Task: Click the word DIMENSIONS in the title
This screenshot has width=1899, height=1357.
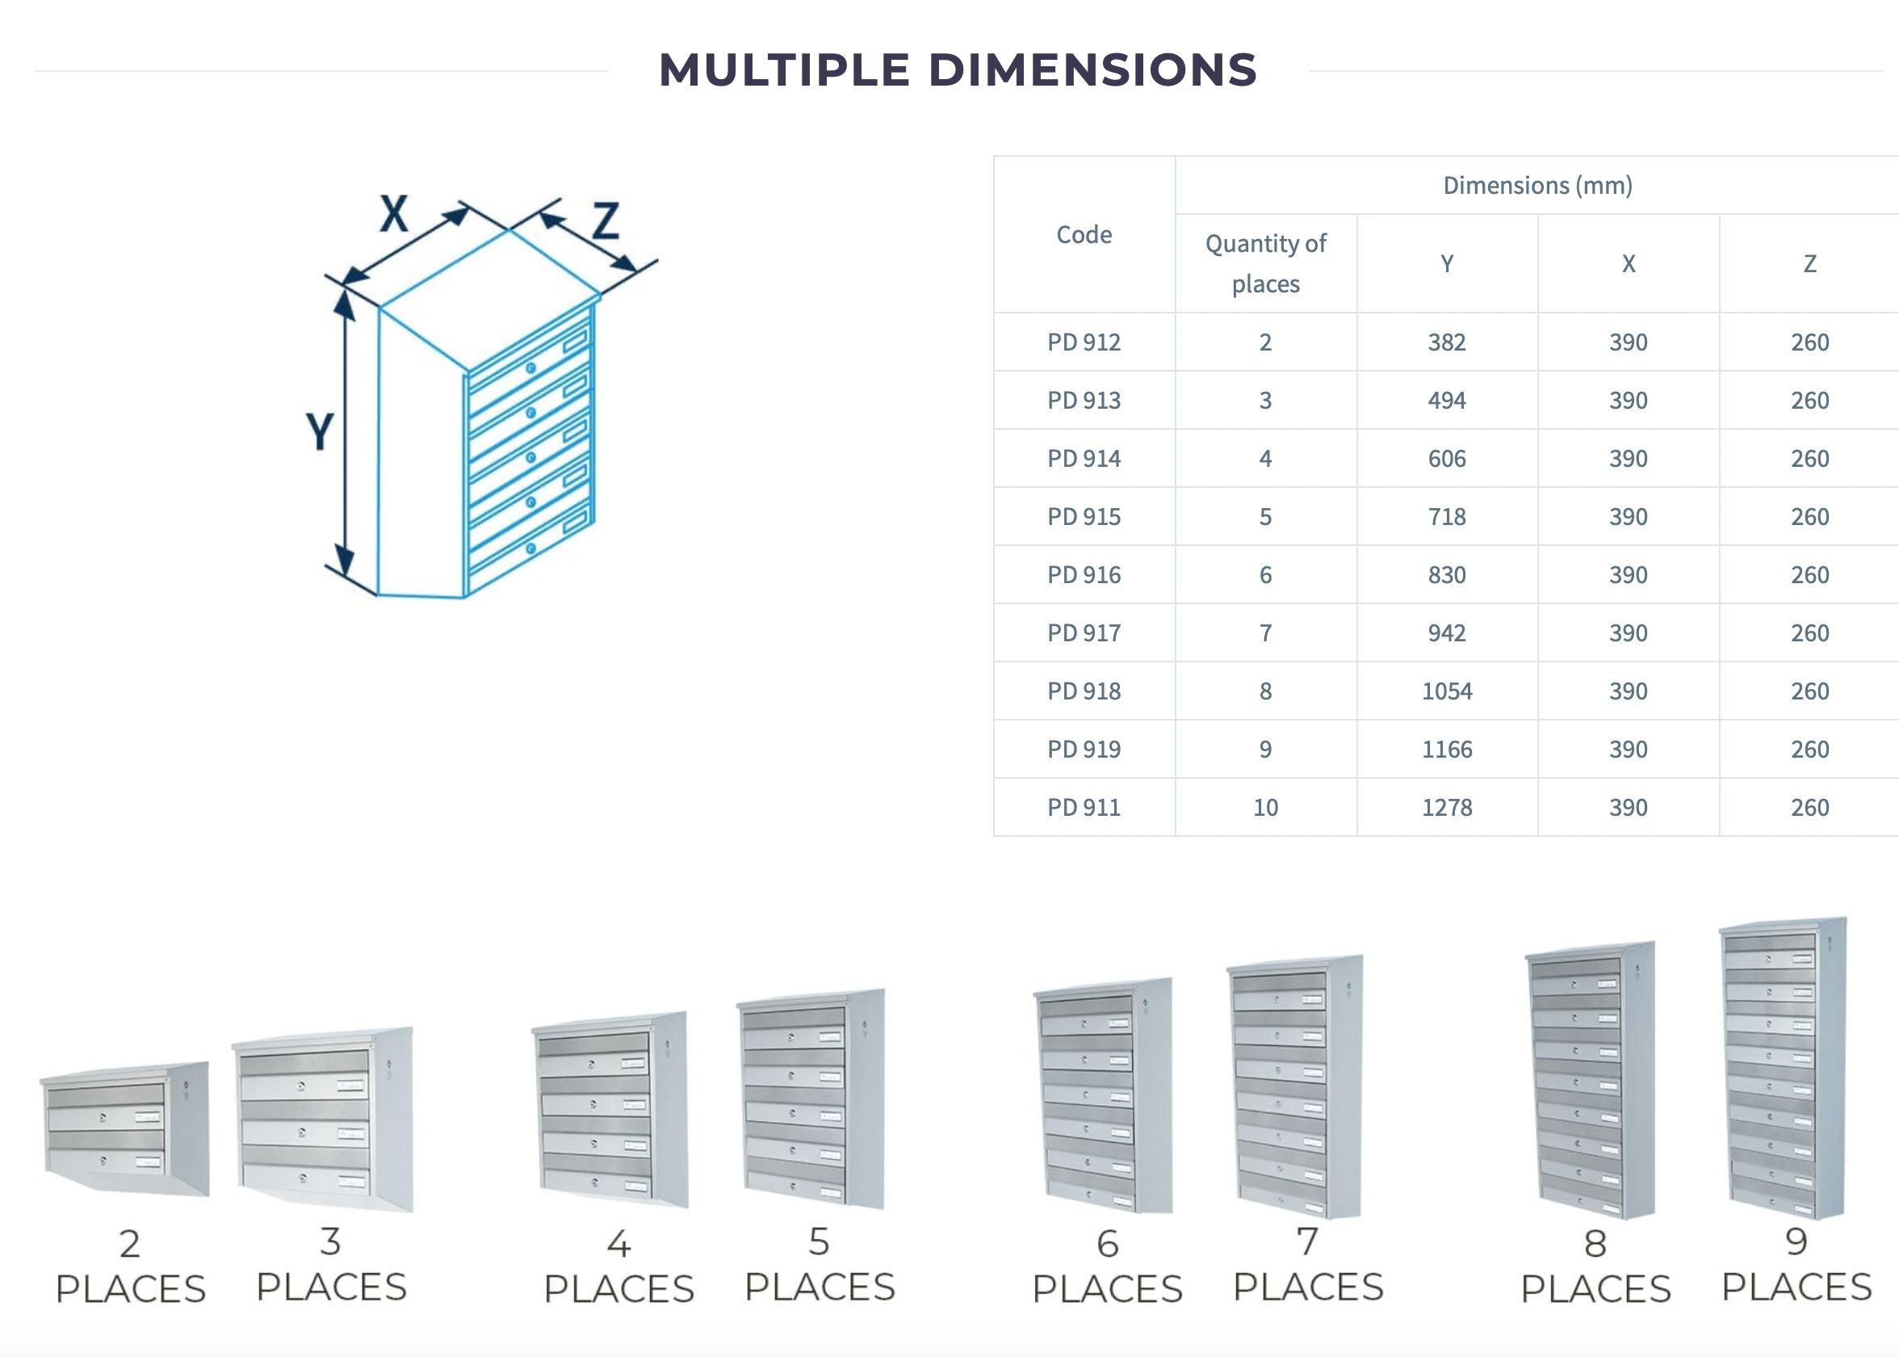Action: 1092,69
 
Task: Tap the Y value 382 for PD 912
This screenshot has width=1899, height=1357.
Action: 1446,342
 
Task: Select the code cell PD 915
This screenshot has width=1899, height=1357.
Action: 1084,517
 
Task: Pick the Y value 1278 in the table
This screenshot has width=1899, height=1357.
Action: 1446,808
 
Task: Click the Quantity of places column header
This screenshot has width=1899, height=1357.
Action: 1265,264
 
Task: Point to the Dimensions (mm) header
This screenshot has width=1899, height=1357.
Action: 1537,186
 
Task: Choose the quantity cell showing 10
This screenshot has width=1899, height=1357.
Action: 1265,808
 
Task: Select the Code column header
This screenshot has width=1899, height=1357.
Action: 1084,235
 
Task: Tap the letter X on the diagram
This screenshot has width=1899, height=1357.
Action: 394,213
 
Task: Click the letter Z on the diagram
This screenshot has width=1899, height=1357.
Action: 606,221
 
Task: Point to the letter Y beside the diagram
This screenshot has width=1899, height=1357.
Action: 320,431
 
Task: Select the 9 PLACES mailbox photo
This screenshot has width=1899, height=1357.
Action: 1782,1069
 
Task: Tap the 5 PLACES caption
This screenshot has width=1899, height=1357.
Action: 820,1265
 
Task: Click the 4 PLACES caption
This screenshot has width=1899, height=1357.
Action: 618,1267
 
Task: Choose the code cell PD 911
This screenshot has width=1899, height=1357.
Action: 1084,808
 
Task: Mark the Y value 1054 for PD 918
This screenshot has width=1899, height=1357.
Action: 1446,692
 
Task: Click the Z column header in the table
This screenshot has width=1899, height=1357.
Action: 1809,264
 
